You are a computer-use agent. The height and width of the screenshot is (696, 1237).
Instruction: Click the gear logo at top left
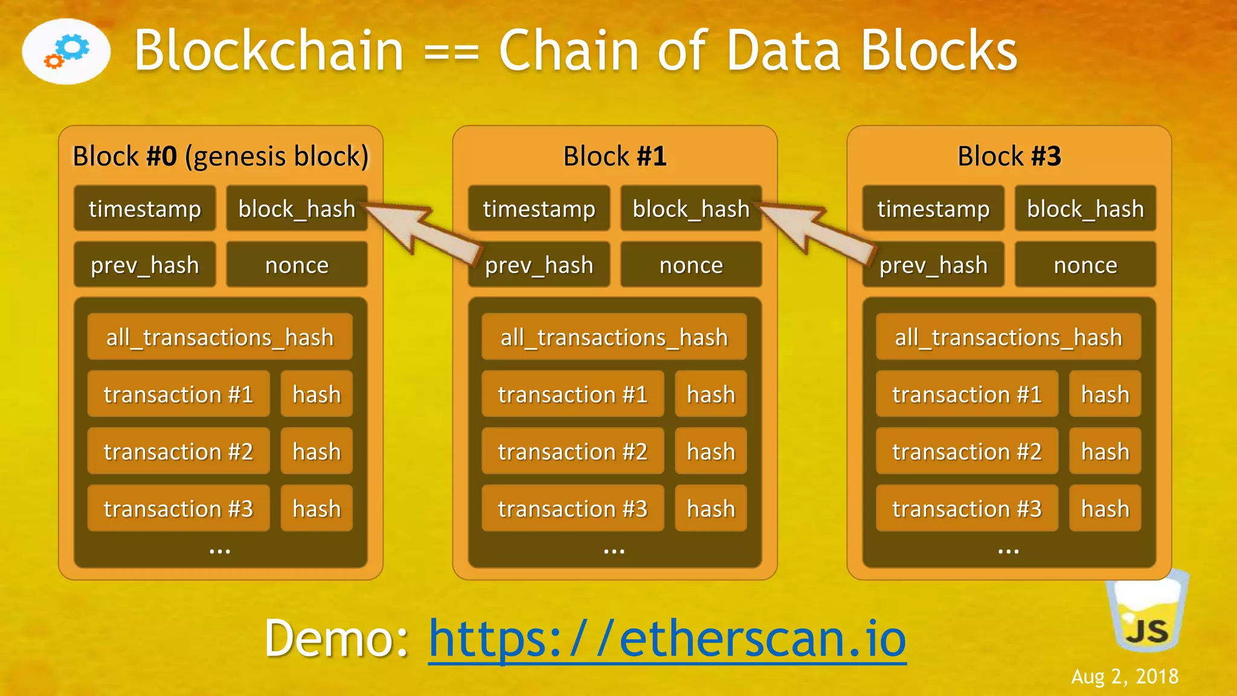point(66,51)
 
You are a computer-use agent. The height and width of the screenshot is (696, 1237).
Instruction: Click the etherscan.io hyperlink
point(667,639)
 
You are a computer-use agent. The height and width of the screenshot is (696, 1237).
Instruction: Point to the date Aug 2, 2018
point(1125,677)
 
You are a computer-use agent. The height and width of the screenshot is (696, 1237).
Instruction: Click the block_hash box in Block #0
point(297,208)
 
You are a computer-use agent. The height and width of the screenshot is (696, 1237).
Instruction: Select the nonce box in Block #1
point(691,265)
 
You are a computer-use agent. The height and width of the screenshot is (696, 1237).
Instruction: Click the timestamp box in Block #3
point(933,208)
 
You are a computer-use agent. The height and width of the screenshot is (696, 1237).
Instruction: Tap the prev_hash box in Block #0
point(144,265)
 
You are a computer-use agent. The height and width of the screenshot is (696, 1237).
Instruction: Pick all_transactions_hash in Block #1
point(614,337)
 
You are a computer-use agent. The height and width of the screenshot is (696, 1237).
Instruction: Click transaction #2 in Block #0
point(178,451)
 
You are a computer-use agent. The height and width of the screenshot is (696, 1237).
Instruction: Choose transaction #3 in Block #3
point(966,509)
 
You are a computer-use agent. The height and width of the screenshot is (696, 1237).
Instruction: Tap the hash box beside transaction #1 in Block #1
point(710,394)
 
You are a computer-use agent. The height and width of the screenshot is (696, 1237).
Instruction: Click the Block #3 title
point(1009,156)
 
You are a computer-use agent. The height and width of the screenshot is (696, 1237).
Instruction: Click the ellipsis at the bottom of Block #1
point(614,550)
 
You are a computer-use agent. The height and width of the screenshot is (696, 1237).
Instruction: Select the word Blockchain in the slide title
point(269,51)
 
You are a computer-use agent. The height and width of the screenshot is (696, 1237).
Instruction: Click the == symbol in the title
point(451,53)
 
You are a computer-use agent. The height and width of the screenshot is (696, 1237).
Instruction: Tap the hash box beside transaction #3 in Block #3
point(1105,509)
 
